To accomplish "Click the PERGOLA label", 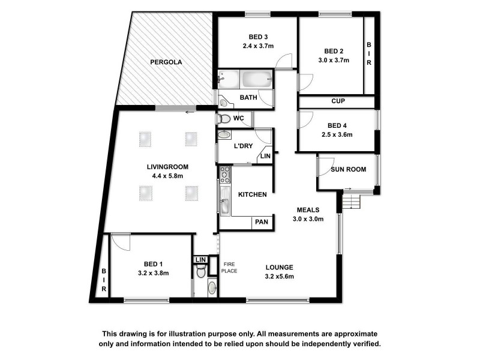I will [166, 62].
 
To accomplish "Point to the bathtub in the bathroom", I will [254, 79].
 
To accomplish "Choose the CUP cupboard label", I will [338, 101].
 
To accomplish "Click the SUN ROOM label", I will [348, 170].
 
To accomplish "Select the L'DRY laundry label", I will [244, 146].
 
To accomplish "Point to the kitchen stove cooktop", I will [225, 175].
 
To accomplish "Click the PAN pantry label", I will [262, 222].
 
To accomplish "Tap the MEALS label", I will [308, 209].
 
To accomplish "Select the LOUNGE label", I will [280, 267].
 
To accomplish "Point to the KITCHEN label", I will [253, 194].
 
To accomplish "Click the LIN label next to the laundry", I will [264, 157].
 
